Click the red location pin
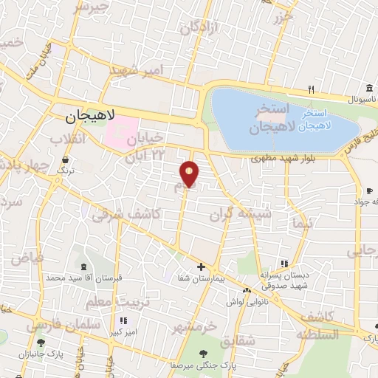(190, 173)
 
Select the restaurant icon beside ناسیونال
(312, 90)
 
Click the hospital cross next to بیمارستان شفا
(201, 266)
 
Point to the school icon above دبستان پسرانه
(283, 264)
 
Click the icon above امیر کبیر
(124, 321)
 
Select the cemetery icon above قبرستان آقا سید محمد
(82, 267)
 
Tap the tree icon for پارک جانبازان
(41, 343)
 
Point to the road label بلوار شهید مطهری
(281, 157)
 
